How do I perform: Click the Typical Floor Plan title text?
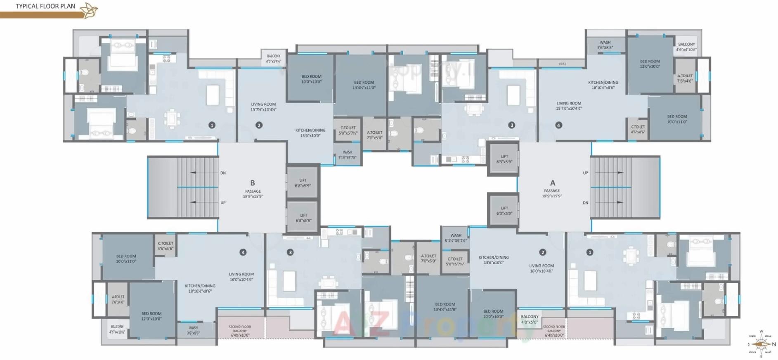click(45, 6)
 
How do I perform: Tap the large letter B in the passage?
click(253, 182)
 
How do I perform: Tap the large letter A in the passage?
click(553, 182)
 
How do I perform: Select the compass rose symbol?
click(761, 344)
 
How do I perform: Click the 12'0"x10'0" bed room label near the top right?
click(650, 64)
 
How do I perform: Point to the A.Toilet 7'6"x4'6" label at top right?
click(685, 78)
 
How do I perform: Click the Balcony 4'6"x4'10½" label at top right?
click(686, 47)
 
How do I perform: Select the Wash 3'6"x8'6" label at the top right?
click(605, 45)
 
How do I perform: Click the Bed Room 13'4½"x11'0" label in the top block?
click(364, 85)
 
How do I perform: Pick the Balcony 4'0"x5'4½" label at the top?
click(273, 59)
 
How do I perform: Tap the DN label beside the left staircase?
click(223, 173)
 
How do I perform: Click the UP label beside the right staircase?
click(585, 173)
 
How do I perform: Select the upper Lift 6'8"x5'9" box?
click(303, 183)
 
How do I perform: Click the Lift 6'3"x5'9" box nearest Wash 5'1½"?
click(504, 211)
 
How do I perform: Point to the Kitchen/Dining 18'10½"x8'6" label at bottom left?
click(200, 288)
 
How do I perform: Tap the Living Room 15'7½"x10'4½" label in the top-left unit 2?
click(263, 107)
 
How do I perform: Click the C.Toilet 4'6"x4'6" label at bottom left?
click(166, 246)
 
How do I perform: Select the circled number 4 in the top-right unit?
click(558, 125)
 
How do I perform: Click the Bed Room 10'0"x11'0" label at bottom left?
click(126, 258)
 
